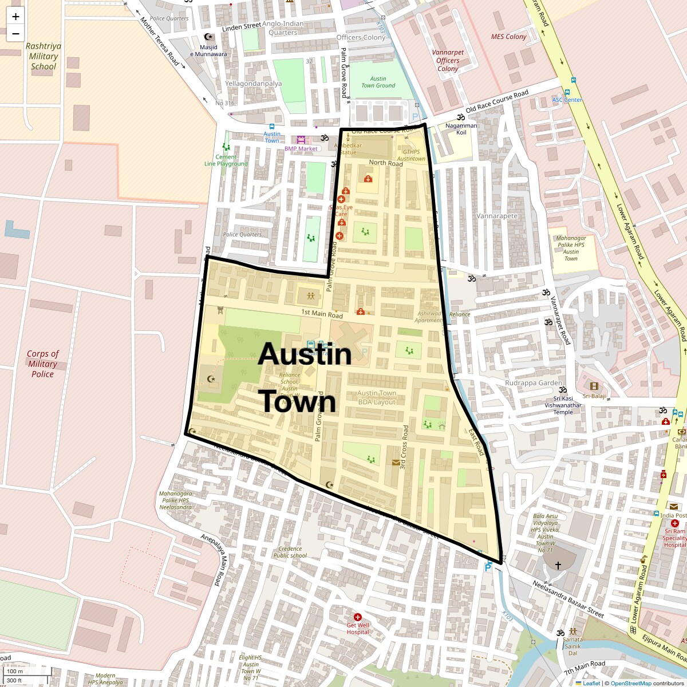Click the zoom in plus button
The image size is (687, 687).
pos(15,17)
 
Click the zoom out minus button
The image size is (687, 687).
pos(15,34)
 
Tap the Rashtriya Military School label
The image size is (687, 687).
pos(44,56)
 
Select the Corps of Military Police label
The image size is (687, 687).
pos(42,364)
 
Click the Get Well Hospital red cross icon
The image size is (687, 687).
pos(358,617)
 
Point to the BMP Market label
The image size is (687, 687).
pos(301,149)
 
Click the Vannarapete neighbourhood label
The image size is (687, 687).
pos(497,216)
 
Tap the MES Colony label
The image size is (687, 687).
pos(508,37)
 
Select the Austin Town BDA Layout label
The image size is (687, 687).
pos(377,397)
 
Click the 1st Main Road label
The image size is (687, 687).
pos(322,314)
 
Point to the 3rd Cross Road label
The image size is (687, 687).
pos(404,447)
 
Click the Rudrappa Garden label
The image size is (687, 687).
pos(533,383)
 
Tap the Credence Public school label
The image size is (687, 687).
pos(290,552)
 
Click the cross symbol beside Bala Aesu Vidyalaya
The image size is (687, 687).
pos(558,565)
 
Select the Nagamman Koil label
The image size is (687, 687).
pos(461,129)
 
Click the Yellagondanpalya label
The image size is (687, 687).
pos(253,84)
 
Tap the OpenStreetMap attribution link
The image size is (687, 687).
pos(630,683)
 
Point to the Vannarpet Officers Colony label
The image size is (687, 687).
pos(448,60)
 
